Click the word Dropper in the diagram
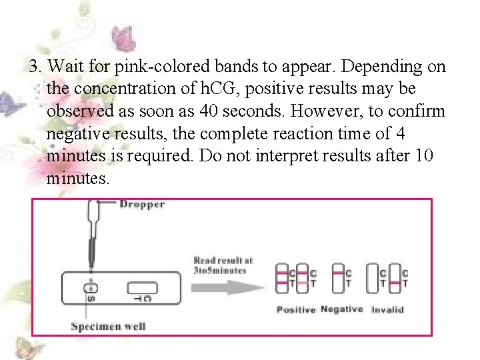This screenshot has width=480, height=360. (142, 204)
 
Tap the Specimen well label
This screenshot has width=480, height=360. (108, 326)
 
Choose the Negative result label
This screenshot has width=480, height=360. (341, 309)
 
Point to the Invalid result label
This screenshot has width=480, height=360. (387, 310)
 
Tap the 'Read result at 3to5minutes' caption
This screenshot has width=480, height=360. (223, 265)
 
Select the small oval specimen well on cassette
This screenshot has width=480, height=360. (91, 287)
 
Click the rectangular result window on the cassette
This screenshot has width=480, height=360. (141, 288)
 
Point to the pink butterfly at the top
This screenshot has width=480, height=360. (122, 38)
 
